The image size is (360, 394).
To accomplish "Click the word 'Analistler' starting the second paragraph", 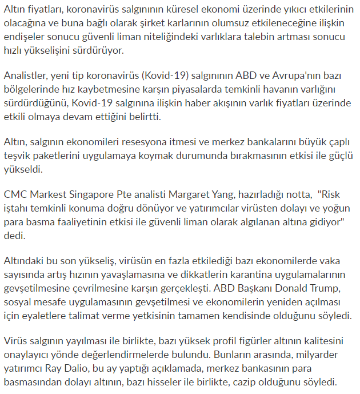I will [x=25, y=77].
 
